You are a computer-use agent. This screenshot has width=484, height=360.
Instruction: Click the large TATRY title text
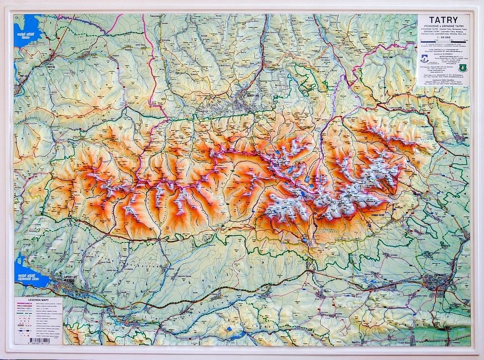click(x=443, y=20)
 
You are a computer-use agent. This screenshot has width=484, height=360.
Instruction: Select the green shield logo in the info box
click(x=462, y=68)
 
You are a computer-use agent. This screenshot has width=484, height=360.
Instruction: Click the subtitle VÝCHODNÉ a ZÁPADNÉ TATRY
click(x=443, y=26)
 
